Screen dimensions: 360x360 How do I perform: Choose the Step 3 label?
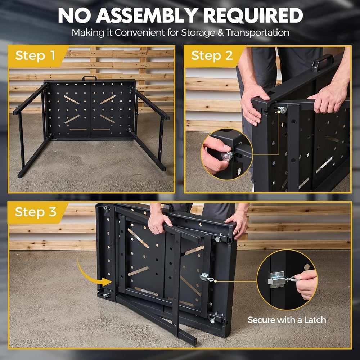[35, 212]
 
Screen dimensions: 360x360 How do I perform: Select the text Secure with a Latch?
[287, 320]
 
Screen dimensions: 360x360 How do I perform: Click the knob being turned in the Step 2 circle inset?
[228, 156]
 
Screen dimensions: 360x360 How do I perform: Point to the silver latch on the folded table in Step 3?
[205, 277]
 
